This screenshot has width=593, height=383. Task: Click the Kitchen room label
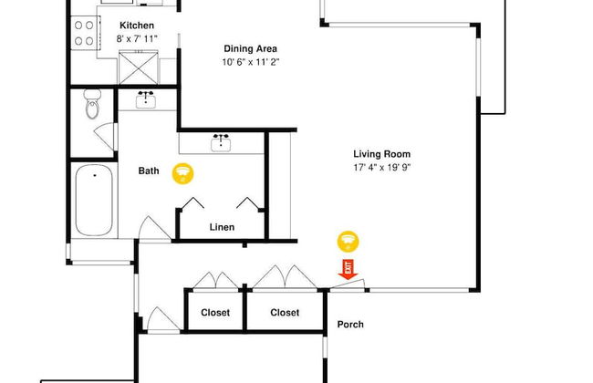137,26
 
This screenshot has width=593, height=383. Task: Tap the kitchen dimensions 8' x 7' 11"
137,38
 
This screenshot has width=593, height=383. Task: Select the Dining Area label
250,48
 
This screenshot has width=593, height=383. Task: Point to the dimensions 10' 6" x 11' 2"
250,62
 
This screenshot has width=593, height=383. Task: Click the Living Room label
382,154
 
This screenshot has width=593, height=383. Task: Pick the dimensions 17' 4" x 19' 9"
382,167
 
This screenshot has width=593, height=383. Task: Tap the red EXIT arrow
348,269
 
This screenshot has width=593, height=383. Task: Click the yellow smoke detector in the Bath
183,173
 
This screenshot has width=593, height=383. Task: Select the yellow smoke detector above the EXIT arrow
348,242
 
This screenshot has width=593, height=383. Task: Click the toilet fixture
92,104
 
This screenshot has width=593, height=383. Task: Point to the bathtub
94,200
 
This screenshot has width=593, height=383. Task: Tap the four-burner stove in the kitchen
85,33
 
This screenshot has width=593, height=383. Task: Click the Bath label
149,171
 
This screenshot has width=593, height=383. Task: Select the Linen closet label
222,227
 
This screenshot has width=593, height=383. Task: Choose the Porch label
350,325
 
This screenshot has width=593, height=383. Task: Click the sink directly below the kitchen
146,99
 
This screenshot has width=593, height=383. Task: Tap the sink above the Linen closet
221,142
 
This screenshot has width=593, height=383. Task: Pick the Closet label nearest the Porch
285,313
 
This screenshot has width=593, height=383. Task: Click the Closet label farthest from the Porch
215,313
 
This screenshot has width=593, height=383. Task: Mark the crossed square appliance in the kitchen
139,67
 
